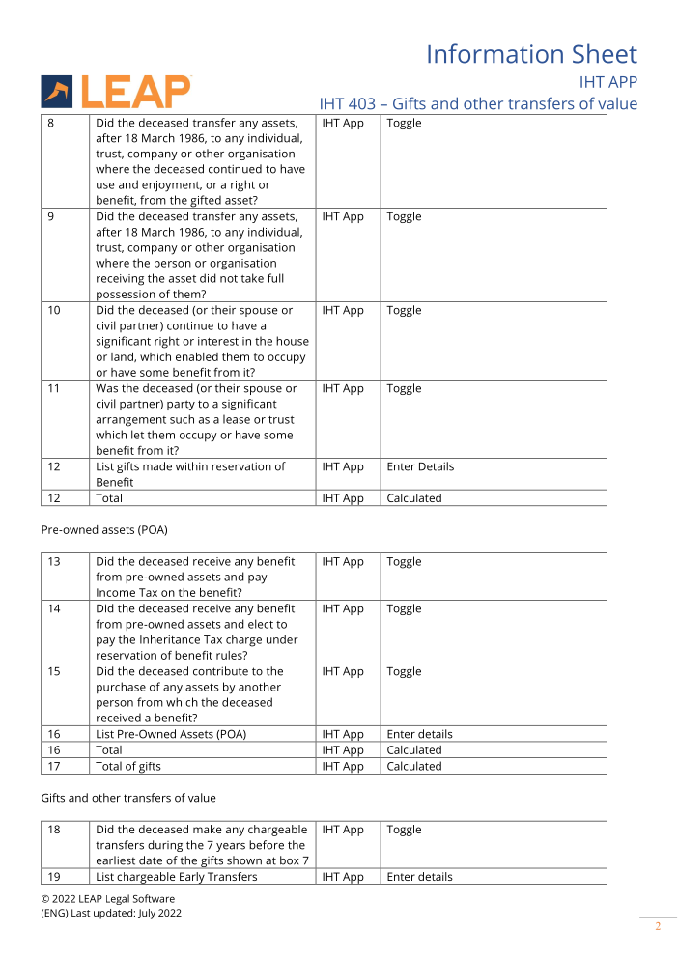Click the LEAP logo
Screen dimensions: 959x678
(x=116, y=92)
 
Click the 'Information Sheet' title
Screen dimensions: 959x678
(x=531, y=54)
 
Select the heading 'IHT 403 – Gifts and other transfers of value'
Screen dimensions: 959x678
(x=478, y=103)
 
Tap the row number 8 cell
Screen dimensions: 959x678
(x=51, y=124)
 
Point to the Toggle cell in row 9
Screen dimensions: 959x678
(x=404, y=217)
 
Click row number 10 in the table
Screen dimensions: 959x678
(x=54, y=311)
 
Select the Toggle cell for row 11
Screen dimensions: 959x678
(x=404, y=389)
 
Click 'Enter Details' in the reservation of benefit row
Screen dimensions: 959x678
(x=420, y=467)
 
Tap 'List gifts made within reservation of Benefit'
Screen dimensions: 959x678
(x=190, y=474)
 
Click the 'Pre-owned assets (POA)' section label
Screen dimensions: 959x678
(x=104, y=529)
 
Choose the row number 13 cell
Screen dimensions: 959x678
(x=54, y=562)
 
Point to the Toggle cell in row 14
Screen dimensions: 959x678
(x=404, y=609)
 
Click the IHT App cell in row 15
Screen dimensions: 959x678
(x=343, y=672)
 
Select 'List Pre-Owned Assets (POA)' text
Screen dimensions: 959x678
(x=171, y=735)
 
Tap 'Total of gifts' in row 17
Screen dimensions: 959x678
(x=128, y=767)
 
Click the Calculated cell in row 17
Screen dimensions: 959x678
(x=414, y=767)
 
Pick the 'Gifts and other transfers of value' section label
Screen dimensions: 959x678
(x=128, y=798)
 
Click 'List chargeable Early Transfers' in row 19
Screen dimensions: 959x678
(x=177, y=877)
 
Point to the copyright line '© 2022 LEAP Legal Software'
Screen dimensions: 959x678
(x=108, y=899)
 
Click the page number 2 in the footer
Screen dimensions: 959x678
(x=658, y=927)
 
